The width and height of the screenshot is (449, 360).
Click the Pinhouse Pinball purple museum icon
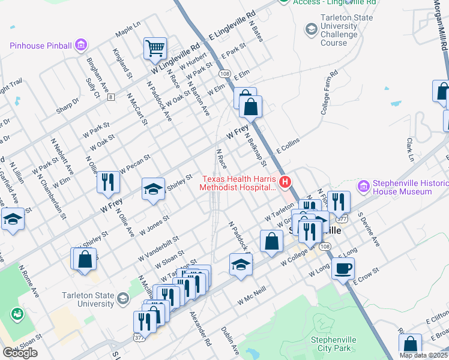[x=82, y=45]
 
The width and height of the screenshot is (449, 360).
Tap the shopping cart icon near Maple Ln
[x=155, y=47]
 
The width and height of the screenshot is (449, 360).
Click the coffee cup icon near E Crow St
[x=343, y=268]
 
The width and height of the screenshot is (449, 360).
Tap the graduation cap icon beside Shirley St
[x=153, y=189]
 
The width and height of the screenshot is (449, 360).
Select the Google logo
[x=20, y=353]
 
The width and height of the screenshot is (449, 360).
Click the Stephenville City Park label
[x=334, y=344]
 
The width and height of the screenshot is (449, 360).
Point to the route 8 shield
[x=110, y=97]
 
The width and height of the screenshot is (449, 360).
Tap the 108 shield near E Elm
[x=224, y=73]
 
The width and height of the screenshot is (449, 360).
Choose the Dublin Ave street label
[x=231, y=340]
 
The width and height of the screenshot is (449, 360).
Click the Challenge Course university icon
[x=311, y=28]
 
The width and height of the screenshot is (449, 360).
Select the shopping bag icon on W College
[x=272, y=241]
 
